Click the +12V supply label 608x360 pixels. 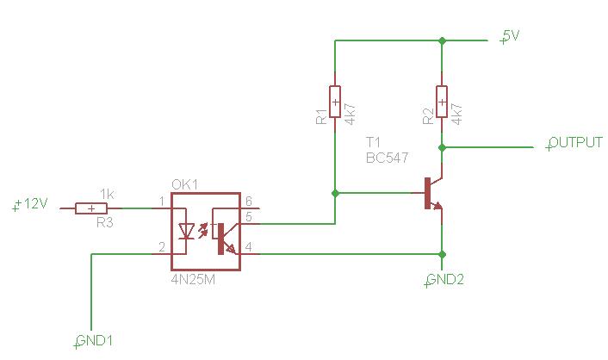pyautogui.click(x=30, y=203)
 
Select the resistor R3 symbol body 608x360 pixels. pyautogui.click(x=91, y=208)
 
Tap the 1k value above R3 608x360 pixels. pyautogui.click(x=107, y=194)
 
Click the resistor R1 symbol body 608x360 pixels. pyautogui.click(x=335, y=102)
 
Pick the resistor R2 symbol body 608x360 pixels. pyautogui.click(x=442, y=102)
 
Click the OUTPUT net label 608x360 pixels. pyautogui.click(x=574, y=143)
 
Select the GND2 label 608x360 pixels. pyautogui.click(x=444, y=279)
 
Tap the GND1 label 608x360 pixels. pyautogui.click(x=94, y=341)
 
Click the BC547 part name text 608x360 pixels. pyautogui.click(x=387, y=158)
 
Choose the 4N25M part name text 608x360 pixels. pyautogui.click(x=193, y=279)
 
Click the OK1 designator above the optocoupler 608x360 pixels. pyautogui.click(x=184, y=184)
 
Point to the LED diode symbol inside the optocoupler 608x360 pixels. pyautogui.click(x=188, y=232)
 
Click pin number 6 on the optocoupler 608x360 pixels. pyautogui.click(x=249, y=201)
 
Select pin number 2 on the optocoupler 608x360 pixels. pyautogui.click(x=162, y=246)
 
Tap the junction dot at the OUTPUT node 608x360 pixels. pyautogui.click(x=442, y=147)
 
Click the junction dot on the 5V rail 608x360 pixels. pyautogui.click(x=442, y=40)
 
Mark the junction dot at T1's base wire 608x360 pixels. pyautogui.click(x=335, y=193)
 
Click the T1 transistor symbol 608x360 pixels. pyautogui.click(x=432, y=193)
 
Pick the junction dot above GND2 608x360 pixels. pyautogui.click(x=442, y=254)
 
